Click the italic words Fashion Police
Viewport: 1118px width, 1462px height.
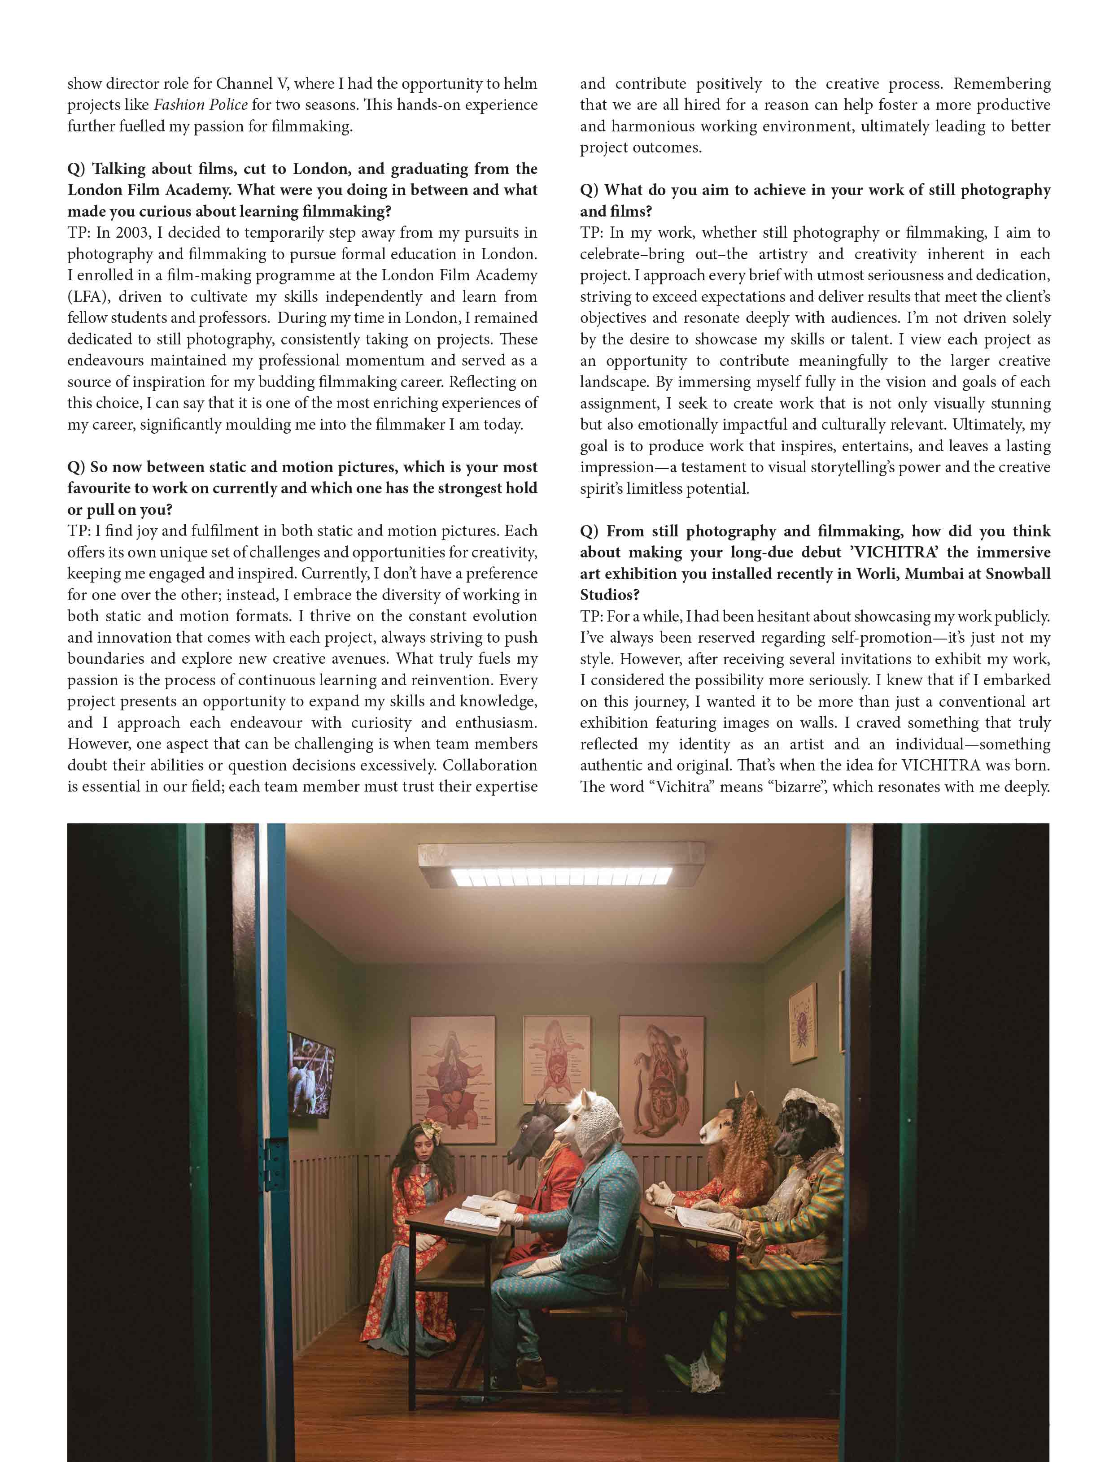pos(201,105)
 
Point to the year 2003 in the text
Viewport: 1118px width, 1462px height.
pos(131,233)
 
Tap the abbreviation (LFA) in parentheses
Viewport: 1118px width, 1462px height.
pos(88,296)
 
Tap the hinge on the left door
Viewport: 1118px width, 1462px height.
pos(274,1165)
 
